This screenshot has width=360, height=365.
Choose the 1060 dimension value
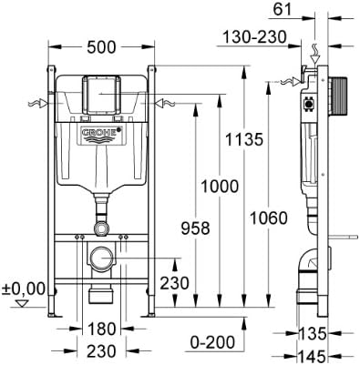tap(267, 219)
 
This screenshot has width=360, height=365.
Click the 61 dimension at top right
tap(283, 10)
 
